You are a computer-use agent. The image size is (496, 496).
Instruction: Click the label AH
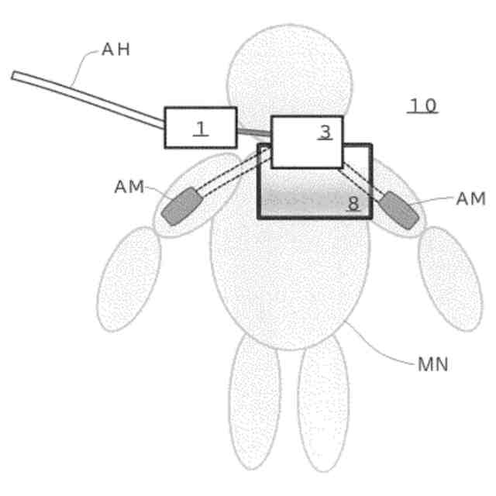(116, 50)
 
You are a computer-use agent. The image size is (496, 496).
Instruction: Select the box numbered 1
(200, 128)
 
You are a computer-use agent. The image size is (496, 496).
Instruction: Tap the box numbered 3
(306, 142)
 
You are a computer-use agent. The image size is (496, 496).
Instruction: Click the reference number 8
(353, 204)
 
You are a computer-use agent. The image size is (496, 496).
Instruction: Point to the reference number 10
(423, 105)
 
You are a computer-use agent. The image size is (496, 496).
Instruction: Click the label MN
(432, 364)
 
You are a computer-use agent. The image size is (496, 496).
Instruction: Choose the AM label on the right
(470, 199)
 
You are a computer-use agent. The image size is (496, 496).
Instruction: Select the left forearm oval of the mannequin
(129, 279)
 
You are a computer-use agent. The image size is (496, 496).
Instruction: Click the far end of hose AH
(15, 75)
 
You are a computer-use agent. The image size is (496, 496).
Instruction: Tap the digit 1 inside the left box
(201, 129)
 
